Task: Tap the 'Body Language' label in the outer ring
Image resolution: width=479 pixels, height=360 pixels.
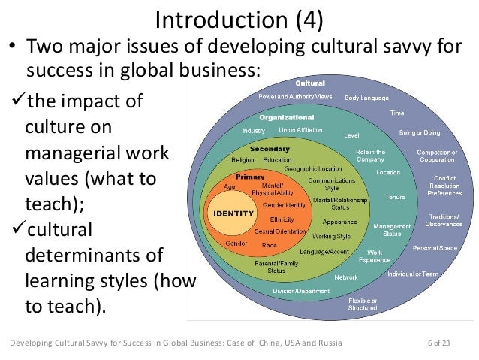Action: (367, 98)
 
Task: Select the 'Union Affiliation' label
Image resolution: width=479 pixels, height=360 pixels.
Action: (301, 130)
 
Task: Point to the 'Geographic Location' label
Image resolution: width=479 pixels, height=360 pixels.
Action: (313, 168)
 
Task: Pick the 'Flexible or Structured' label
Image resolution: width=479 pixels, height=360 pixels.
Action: (364, 304)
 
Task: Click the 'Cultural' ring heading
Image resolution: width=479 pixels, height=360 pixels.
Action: (309, 83)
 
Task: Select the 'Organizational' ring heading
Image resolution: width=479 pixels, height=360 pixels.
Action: (286, 118)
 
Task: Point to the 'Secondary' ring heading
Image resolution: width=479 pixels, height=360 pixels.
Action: (270, 148)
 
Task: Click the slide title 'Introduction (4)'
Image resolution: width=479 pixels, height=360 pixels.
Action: (239, 19)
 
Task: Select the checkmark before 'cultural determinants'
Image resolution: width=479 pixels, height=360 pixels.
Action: (17, 228)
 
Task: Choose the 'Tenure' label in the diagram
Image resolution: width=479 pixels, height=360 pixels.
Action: (394, 197)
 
